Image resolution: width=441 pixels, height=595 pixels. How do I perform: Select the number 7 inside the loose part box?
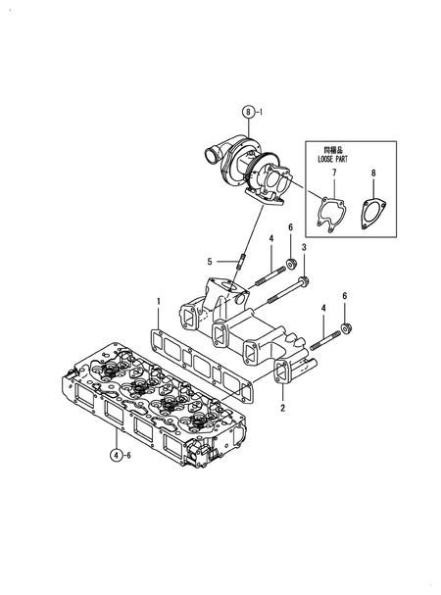click(332, 174)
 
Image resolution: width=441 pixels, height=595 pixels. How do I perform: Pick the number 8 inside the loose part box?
click(371, 174)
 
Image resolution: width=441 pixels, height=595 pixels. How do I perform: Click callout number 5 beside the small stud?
click(210, 262)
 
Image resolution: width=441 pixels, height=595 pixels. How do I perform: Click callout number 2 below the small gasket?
click(282, 408)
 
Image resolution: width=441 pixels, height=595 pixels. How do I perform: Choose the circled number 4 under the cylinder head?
click(116, 455)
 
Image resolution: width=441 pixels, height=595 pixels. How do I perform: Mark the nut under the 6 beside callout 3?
click(290, 264)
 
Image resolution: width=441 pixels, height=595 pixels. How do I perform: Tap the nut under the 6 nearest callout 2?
click(344, 327)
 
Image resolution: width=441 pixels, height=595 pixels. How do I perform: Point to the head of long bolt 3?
click(304, 283)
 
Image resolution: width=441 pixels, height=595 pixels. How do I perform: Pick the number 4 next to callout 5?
click(270, 238)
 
